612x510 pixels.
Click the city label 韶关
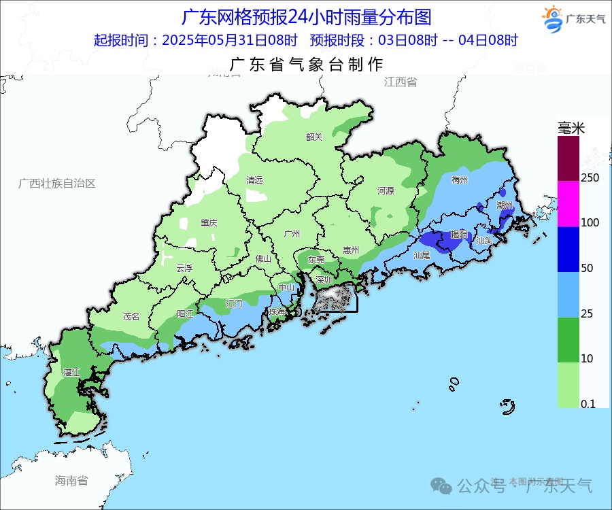[314, 137]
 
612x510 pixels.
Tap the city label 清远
[254, 180]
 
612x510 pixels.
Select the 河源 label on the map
[386, 191]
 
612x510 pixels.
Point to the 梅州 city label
[460, 180]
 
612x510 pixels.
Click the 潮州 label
[505, 205]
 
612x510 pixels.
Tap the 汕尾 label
[422, 255]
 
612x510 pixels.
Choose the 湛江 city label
[71, 373]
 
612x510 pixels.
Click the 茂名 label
[131, 316]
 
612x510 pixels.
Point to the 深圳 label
[324, 279]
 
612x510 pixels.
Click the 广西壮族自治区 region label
[57, 184]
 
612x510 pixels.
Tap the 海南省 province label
[71, 481]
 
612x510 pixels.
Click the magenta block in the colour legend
[568, 203]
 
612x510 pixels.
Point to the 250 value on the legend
[590, 177]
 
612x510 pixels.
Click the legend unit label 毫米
[571, 127]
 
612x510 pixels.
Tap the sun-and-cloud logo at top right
[552, 17]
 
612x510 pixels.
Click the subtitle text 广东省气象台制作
[307, 65]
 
